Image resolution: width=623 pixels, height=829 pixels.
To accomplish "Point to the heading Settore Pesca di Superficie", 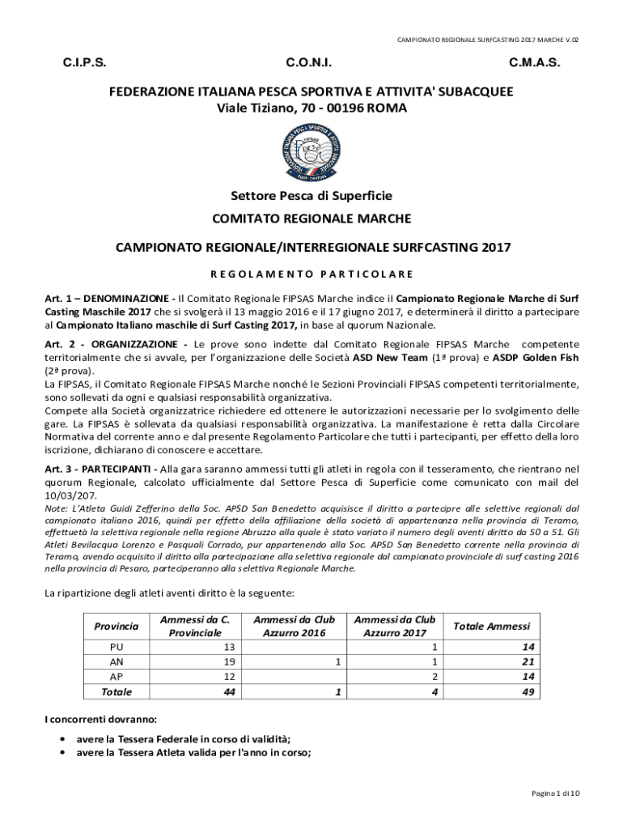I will (311, 196).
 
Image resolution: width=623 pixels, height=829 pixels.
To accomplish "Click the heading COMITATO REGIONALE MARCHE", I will (311, 219).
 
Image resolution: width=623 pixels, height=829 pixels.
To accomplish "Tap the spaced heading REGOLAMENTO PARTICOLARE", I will (311, 274).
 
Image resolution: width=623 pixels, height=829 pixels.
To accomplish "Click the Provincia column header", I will (116, 626).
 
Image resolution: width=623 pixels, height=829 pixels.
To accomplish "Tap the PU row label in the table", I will (116, 648).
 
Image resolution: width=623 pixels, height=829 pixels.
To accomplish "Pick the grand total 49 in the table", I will (528, 692).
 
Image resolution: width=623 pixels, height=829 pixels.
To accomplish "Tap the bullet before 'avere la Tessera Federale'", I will (62, 739).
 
